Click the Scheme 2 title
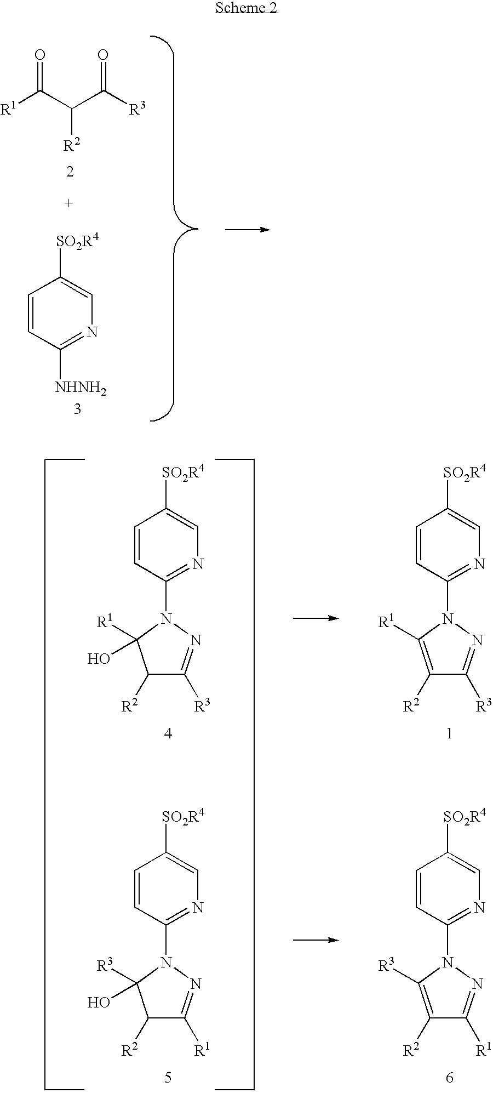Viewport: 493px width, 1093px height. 246,8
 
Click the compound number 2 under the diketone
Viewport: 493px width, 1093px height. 70,172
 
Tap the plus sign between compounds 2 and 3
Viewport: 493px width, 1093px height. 68,203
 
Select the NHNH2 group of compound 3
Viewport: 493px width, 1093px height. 80,389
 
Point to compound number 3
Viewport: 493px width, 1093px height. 77,409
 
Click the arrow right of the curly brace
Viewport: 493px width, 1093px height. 248,229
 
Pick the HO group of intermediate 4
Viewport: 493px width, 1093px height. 99,658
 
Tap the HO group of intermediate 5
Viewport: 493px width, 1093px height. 99,1003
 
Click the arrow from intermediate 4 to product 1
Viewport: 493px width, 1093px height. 316,618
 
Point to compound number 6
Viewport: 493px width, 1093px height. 449,1077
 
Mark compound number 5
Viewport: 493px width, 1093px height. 168,1077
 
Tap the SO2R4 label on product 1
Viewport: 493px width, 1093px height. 464,473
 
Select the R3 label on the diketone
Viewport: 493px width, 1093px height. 138,109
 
